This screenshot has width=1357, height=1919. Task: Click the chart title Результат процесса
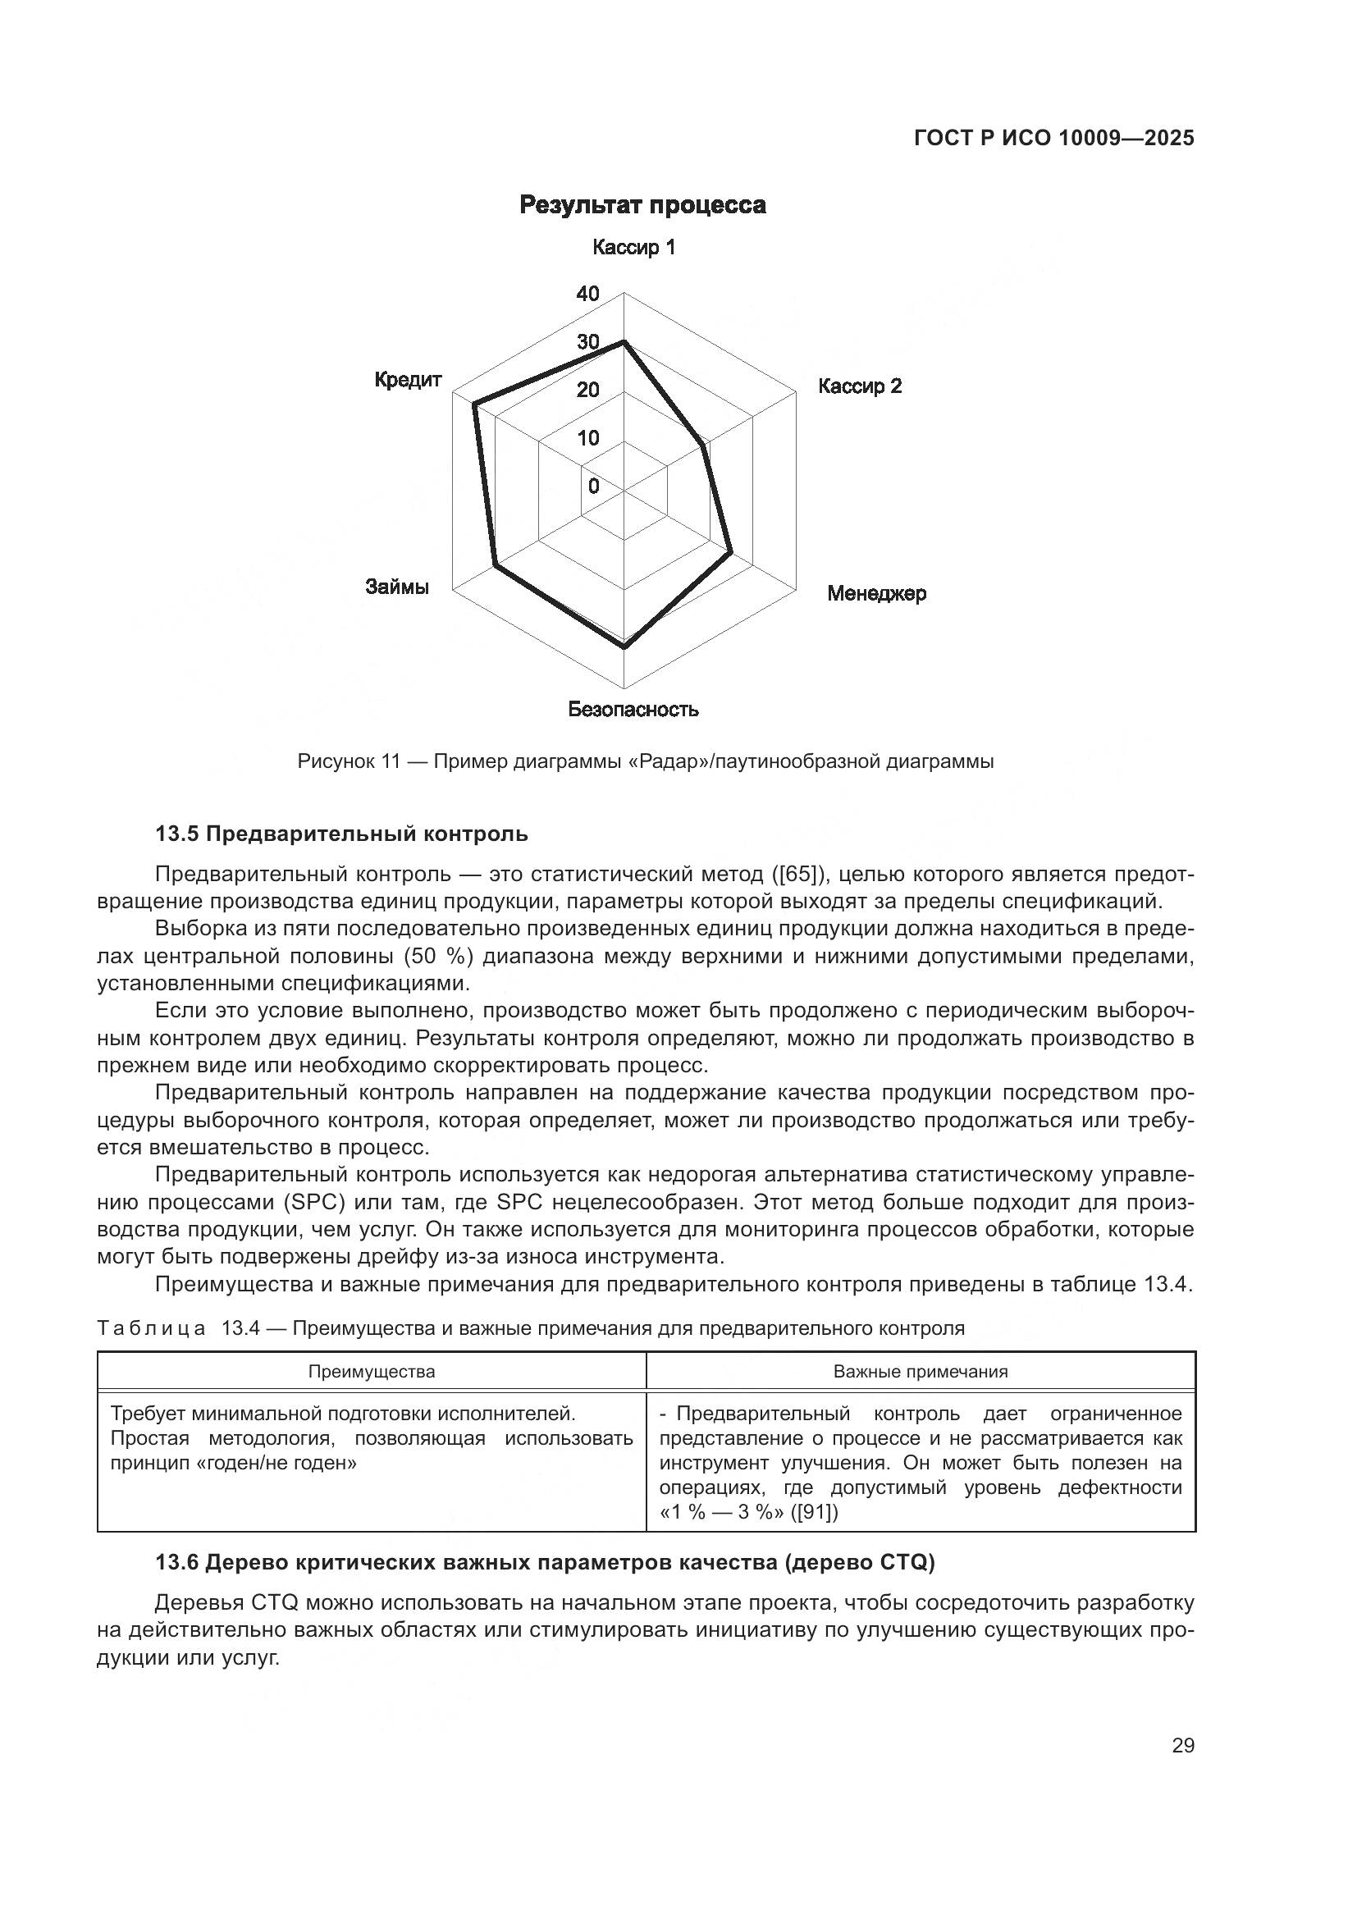pyautogui.click(x=642, y=205)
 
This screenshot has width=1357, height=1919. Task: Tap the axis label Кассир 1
pyautogui.click(x=633, y=248)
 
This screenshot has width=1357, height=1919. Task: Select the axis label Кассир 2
pyautogui.click(x=860, y=386)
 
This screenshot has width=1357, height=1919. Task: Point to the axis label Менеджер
pyautogui.click(x=876, y=593)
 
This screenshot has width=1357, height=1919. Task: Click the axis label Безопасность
pyautogui.click(x=633, y=710)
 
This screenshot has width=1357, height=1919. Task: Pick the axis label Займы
pyautogui.click(x=397, y=587)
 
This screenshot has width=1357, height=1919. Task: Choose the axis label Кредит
pyautogui.click(x=408, y=380)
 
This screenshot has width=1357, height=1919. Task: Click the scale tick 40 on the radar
pyautogui.click(x=588, y=294)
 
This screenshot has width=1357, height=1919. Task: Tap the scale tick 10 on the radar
pyautogui.click(x=588, y=438)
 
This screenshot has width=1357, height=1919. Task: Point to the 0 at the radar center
pyautogui.click(x=593, y=487)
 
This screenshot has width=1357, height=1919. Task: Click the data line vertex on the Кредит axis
pyautogui.click(x=473, y=405)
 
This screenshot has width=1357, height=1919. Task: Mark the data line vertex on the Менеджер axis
pyautogui.click(x=731, y=552)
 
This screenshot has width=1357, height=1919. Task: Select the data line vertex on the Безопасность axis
pyautogui.click(x=624, y=646)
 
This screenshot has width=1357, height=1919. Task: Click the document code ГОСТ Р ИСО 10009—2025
pyautogui.click(x=1054, y=139)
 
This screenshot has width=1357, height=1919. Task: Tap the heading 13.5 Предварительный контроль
pyautogui.click(x=342, y=834)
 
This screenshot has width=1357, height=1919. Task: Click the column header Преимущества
pyautogui.click(x=372, y=1372)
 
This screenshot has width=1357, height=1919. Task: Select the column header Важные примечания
pyautogui.click(x=921, y=1372)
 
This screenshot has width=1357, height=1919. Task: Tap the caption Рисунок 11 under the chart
pyautogui.click(x=645, y=761)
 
